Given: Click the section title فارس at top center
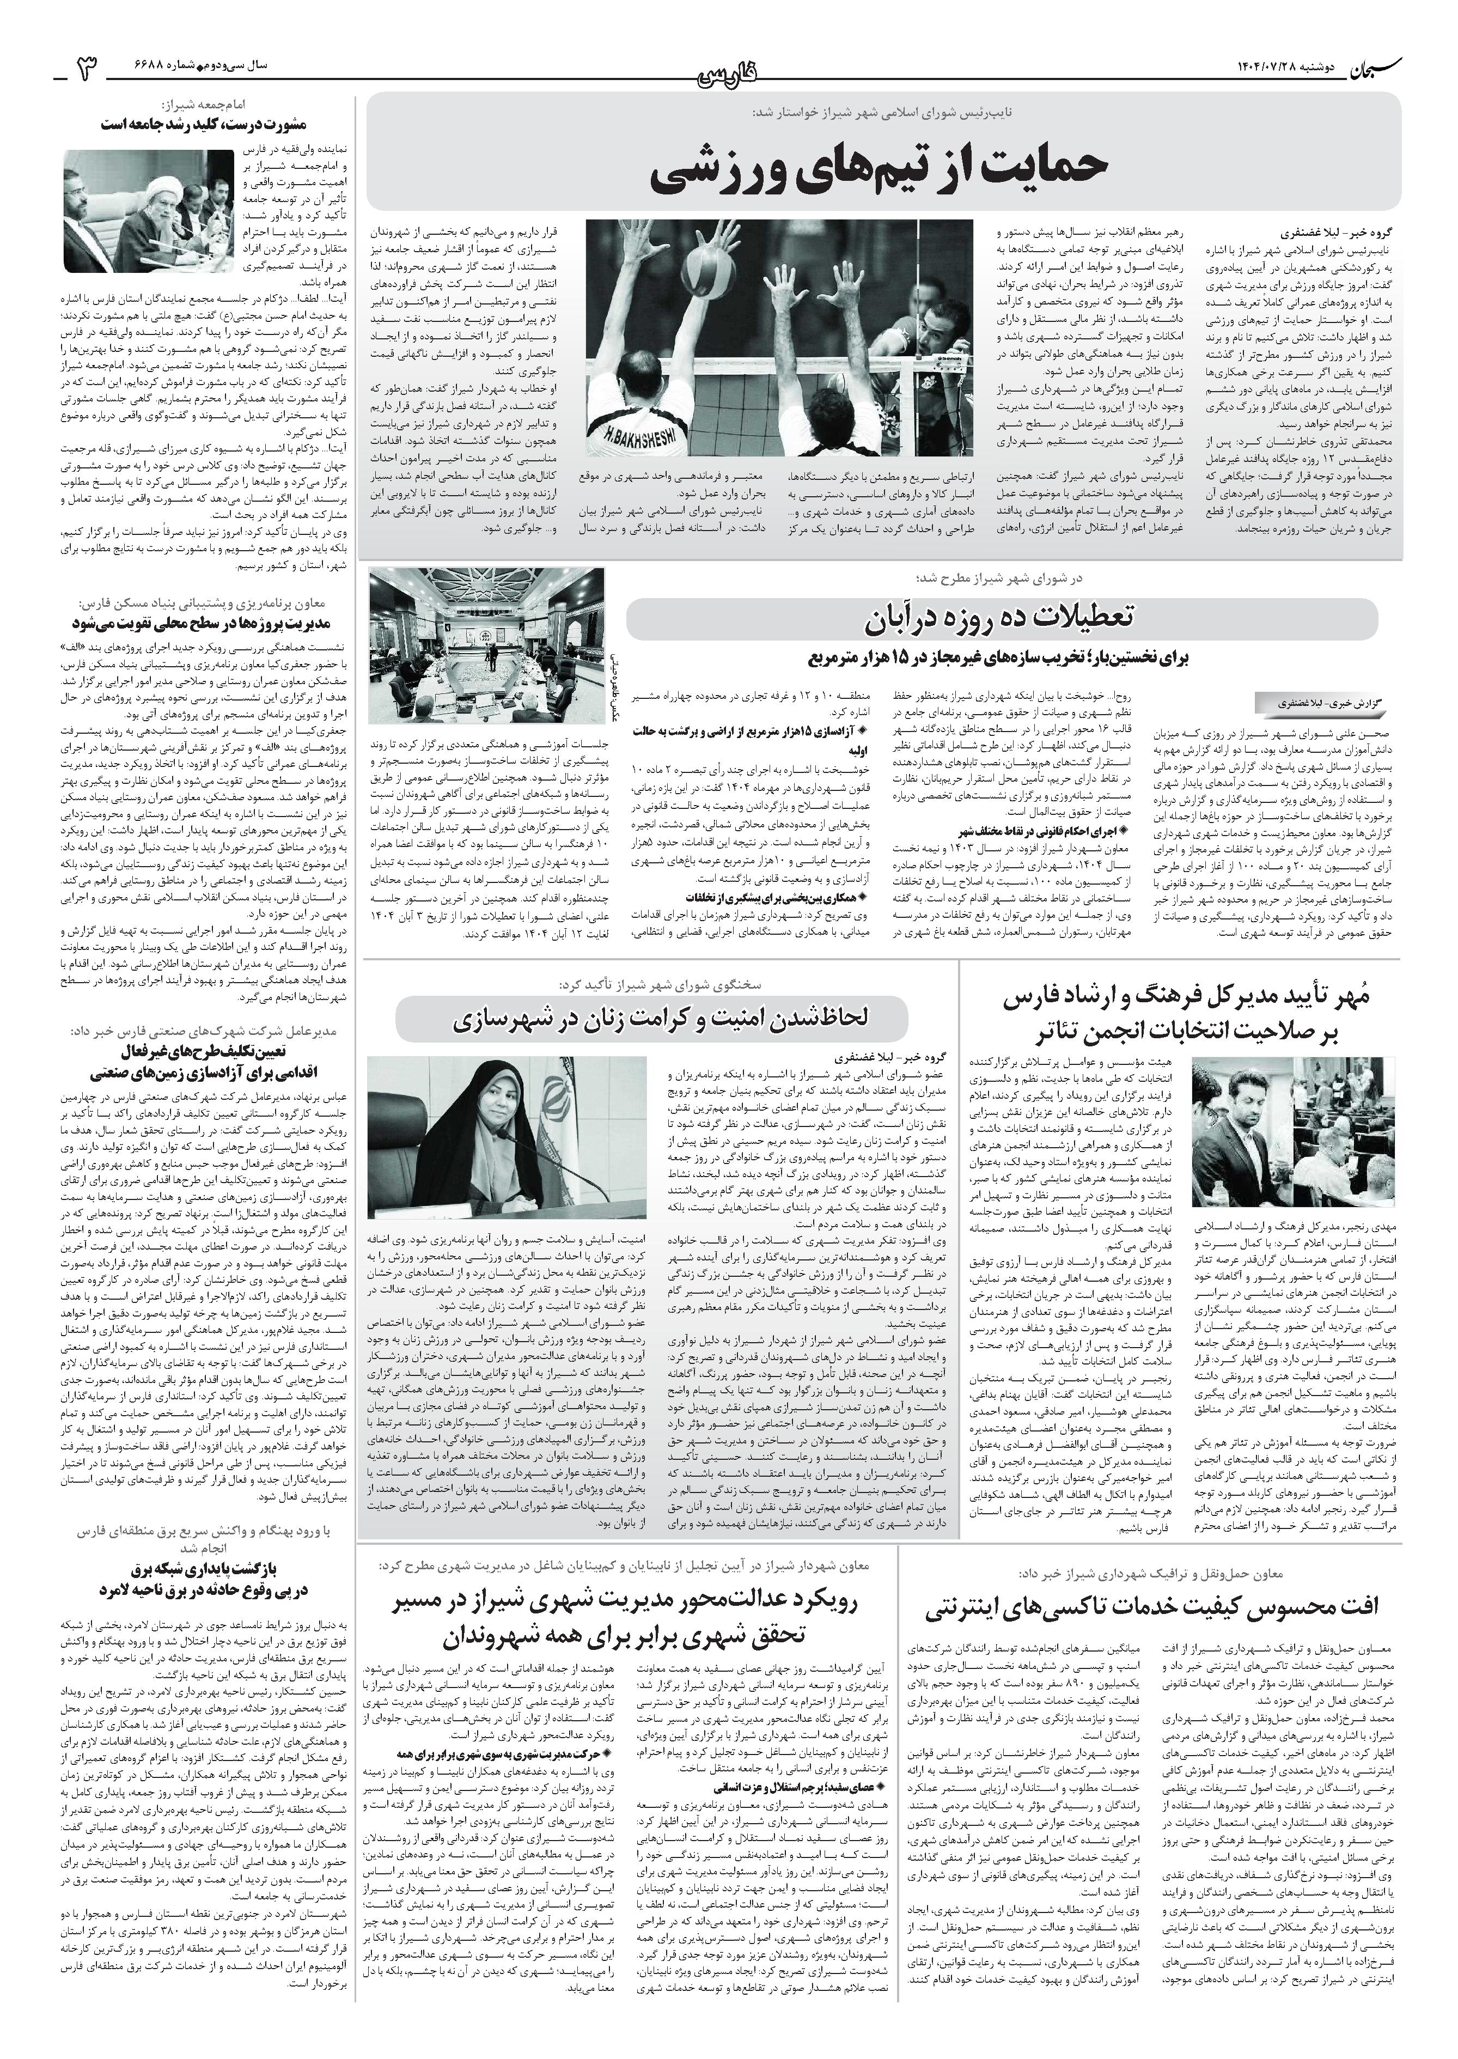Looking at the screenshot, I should pos(728,72).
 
